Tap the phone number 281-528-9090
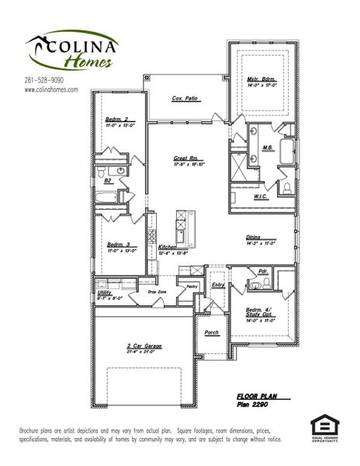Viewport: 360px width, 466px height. click(44, 80)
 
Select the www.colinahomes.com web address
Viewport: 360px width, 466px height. click(52, 89)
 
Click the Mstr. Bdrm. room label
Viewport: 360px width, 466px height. click(261, 80)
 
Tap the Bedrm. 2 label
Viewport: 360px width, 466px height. click(117, 120)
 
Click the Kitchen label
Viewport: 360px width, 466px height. click(168, 246)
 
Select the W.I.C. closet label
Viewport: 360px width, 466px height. click(261, 196)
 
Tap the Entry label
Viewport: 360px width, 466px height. click(217, 284)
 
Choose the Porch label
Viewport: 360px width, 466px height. click(211, 332)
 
